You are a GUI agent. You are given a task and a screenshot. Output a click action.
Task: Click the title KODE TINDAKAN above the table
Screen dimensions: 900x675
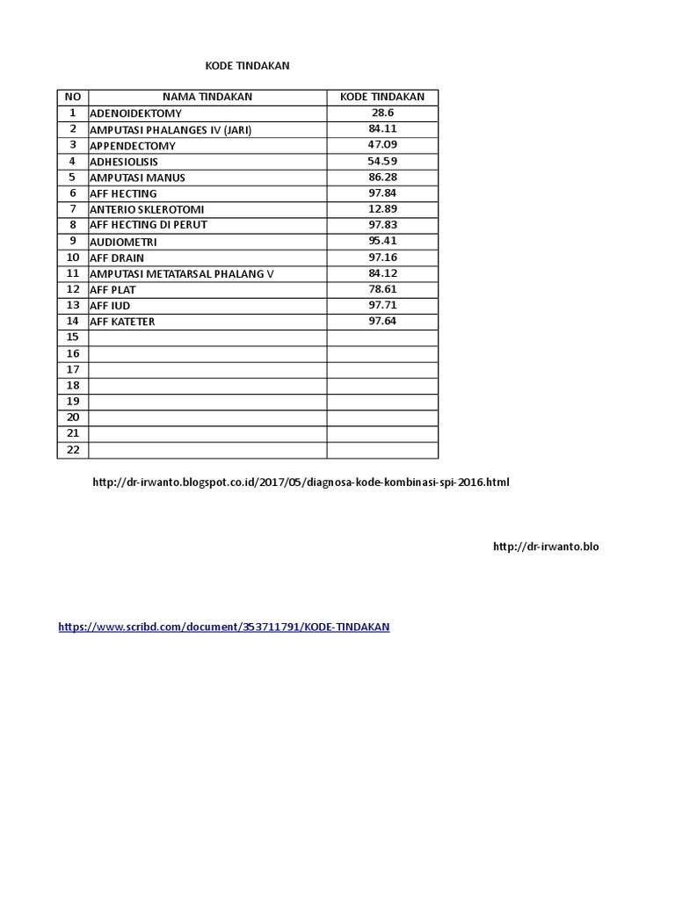click(247, 66)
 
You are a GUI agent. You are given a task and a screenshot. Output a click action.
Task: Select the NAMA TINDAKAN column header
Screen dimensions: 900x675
click(207, 97)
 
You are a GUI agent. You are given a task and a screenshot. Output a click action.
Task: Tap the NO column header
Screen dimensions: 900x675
click(72, 97)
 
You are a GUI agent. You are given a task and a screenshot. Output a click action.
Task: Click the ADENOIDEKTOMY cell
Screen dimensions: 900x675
click(136, 113)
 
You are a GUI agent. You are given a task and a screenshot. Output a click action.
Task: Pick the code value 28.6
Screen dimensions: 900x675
click(382, 113)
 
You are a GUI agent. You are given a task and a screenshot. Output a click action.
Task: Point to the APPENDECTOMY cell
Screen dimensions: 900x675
click(133, 146)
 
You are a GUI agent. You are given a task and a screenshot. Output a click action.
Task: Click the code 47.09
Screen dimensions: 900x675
click(382, 145)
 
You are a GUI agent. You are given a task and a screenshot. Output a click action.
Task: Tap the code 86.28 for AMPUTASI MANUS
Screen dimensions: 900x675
click(382, 178)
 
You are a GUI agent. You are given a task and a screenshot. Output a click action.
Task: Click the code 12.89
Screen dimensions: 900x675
click(382, 209)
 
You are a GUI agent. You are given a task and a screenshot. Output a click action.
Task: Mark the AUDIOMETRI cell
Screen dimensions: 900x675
click(124, 242)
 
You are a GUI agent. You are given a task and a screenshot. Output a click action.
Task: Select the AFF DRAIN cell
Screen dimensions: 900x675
click(117, 258)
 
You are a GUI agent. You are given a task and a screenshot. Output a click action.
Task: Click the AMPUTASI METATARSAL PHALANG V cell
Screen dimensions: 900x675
click(182, 274)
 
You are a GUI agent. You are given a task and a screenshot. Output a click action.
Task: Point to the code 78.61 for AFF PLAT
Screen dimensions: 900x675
click(382, 289)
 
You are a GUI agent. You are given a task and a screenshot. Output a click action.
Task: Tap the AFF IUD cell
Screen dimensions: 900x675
click(110, 306)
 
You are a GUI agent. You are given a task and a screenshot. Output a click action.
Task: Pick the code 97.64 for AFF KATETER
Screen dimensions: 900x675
click(382, 322)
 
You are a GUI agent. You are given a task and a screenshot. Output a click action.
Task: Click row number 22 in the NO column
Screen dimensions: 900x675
click(72, 450)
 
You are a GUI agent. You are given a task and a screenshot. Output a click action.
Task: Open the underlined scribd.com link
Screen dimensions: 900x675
click(223, 628)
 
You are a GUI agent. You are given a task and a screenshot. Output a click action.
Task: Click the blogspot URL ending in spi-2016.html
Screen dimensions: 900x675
click(301, 483)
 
